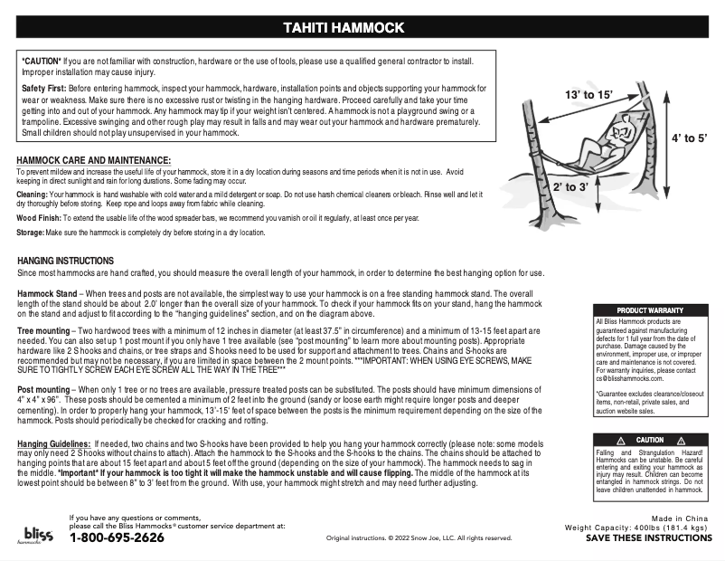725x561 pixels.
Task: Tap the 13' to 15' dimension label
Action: pos(589,95)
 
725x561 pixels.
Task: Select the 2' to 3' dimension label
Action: pos(570,187)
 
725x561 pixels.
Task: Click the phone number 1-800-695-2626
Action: pos(117,537)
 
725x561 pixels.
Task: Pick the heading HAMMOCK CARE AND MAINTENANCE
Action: pos(88,159)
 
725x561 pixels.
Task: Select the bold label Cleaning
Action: pos(33,195)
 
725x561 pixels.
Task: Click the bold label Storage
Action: pos(33,233)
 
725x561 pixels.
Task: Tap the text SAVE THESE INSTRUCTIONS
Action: pos(648,537)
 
